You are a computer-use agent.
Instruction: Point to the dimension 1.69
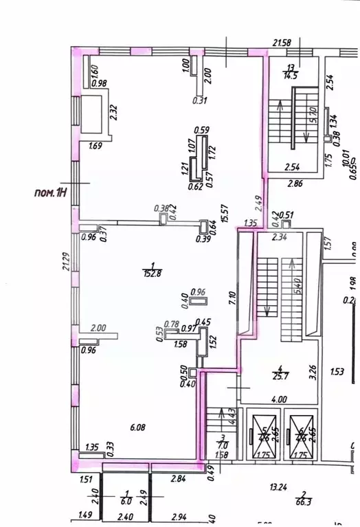95,146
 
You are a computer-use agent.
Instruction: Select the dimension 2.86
295,184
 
